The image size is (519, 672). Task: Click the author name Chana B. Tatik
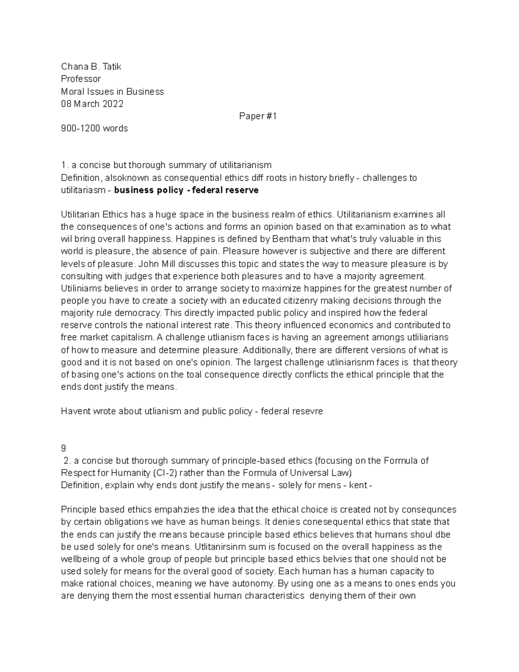(x=91, y=67)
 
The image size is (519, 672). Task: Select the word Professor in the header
(x=81, y=79)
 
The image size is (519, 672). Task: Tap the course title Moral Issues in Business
(x=112, y=91)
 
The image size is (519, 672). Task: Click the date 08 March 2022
(x=92, y=104)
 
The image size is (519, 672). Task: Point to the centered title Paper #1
(x=258, y=116)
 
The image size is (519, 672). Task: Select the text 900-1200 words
(x=94, y=129)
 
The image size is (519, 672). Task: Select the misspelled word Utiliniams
(x=79, y=288)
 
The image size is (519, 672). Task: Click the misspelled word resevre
(x=308, y=411)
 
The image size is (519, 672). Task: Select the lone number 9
(x=64, y=448)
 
